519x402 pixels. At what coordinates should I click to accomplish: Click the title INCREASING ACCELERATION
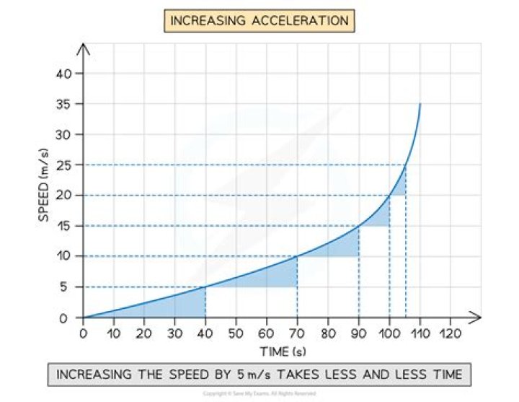(x=259, y=20)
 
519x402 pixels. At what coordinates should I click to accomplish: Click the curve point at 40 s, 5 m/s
(x=205, y=287)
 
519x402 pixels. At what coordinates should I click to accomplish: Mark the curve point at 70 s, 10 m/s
(x=297, y=256)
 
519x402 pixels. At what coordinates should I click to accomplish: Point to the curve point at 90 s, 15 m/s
(x=359, y=226)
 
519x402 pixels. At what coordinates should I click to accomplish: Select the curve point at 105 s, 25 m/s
(x=405, y=165)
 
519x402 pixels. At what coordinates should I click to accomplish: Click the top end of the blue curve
(x=420, y=104)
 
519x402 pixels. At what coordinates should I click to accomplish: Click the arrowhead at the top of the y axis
(x=83, y=48)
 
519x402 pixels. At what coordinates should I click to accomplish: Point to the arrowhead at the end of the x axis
(x=477, y=318)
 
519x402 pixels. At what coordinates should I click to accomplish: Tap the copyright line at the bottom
(x=259, y=394)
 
